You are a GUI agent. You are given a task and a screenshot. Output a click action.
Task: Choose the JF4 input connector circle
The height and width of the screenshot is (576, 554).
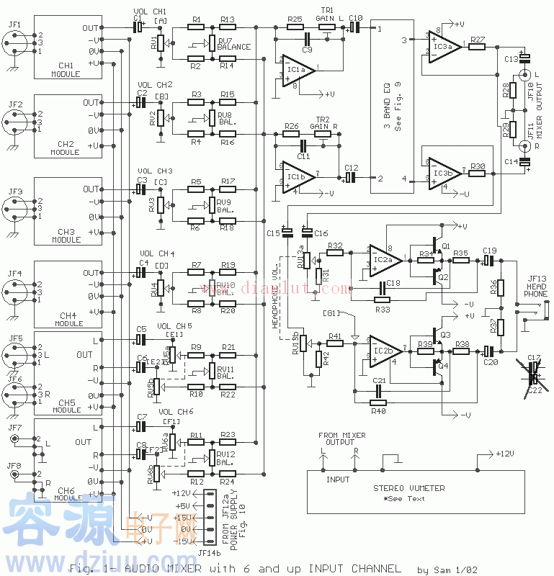(x=15, y=290)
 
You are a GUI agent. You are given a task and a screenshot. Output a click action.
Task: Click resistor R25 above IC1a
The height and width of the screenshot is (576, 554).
(x=294, y=27)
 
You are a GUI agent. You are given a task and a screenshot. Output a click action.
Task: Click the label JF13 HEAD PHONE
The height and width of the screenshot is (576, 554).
(x=536, y=286)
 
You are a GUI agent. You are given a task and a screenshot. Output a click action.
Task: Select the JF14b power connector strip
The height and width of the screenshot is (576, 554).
(x=210, y=516)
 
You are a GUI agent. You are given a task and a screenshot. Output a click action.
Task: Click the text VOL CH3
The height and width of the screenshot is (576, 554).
(x=155, y=171)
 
